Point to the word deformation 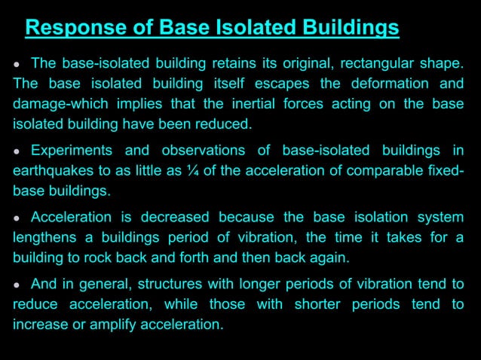392,84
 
